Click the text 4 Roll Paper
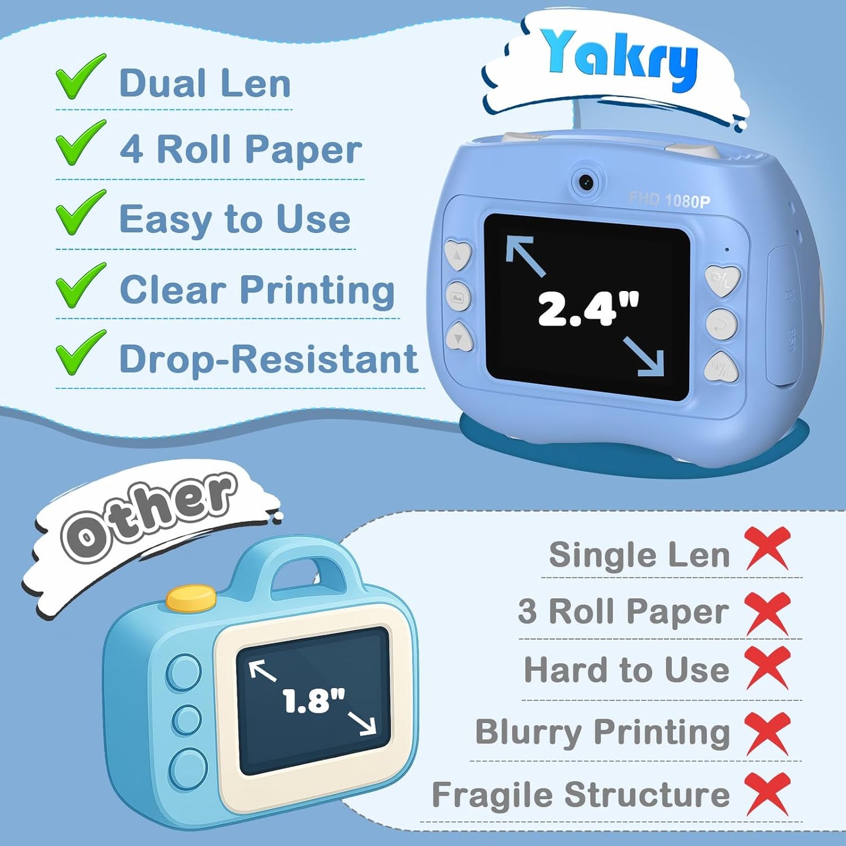[241, 149]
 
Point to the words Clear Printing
[257, 290]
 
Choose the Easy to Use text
[235, 220]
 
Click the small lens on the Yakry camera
[586, 182]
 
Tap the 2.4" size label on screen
[588, 308]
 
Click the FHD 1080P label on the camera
[670, 201]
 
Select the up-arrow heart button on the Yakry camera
[458, 255]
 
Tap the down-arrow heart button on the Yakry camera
[459, 337]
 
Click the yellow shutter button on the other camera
[191, 598]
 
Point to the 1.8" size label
[313, 700]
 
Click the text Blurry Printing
[602, 732]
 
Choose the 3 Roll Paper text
[624, 611]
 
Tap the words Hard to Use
[626, 670]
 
